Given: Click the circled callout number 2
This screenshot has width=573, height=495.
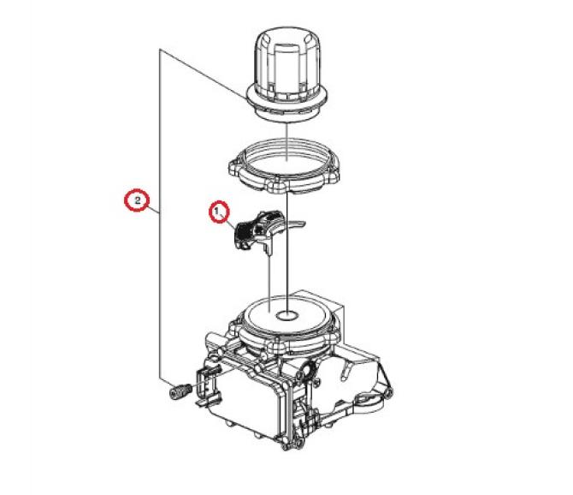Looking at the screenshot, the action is (x=137, y=200).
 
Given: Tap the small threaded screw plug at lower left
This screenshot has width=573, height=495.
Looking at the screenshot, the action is (x=180, y=391).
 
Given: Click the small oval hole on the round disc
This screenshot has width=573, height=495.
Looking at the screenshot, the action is (x=287, y=314).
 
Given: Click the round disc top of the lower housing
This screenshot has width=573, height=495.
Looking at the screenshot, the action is (x=287, y=315).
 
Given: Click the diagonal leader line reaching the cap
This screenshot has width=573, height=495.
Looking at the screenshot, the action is (x=204, y=74).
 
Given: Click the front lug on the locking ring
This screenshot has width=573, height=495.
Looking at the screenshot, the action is (x=281, y=187).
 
